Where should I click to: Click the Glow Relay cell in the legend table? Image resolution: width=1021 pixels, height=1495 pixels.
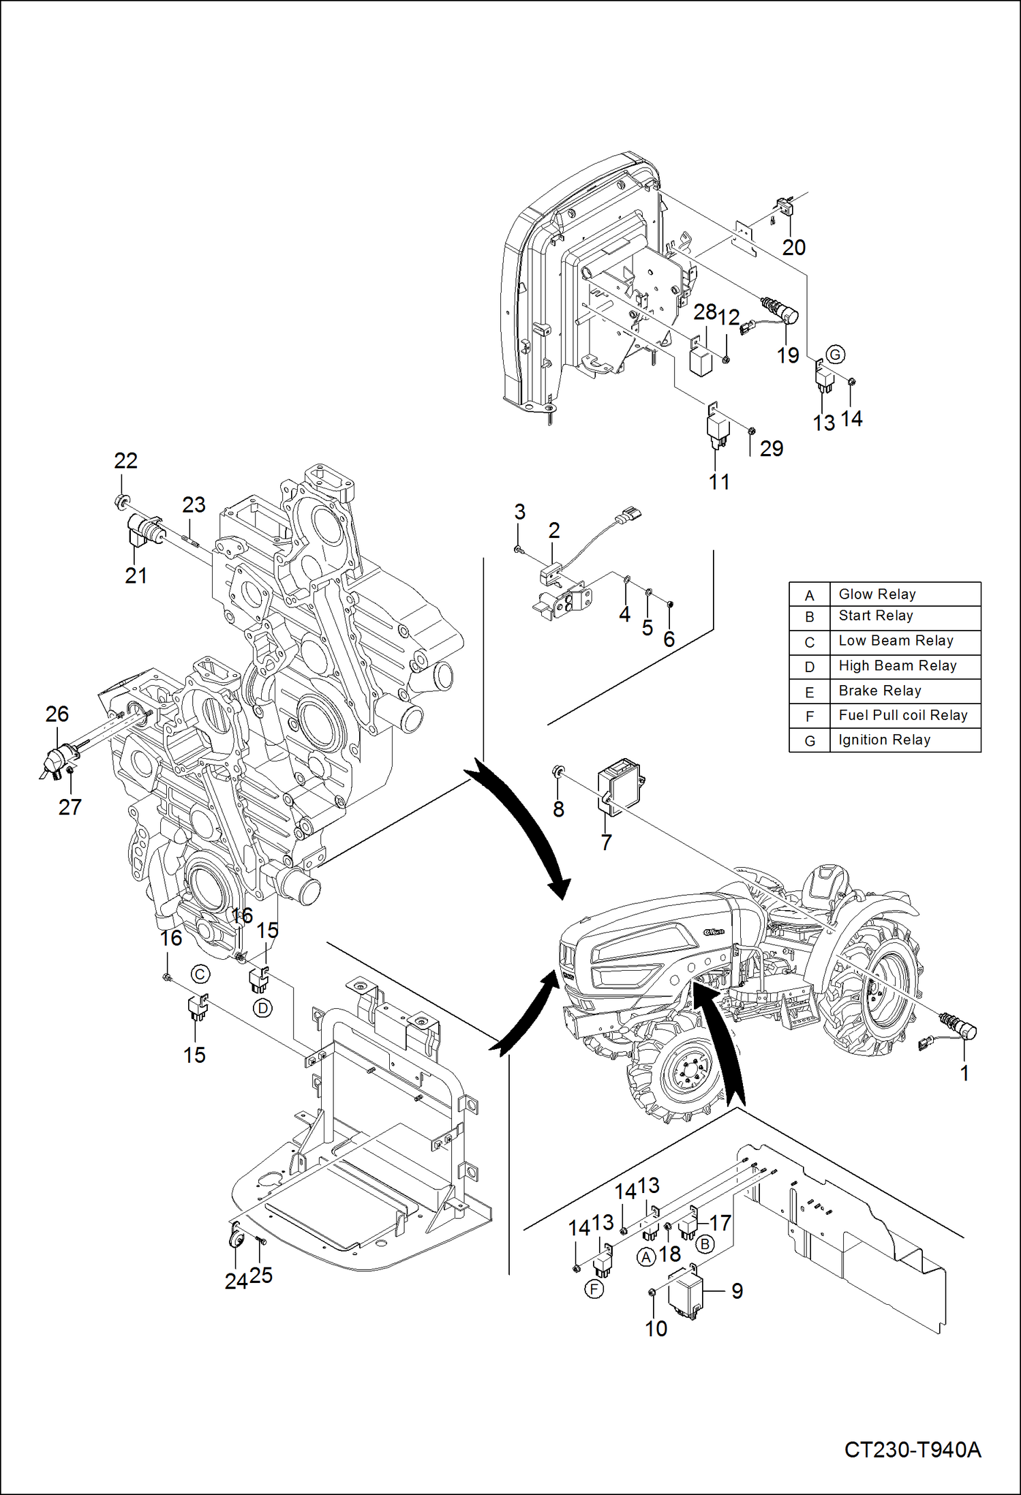(877, 594)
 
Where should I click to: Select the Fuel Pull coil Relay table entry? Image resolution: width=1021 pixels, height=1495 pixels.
(902, 715)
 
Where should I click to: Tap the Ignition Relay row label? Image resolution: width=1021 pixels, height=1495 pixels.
(884, 740)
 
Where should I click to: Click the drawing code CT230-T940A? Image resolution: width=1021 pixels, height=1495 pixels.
(912, 1449)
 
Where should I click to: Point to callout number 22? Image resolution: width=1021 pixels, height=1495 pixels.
(125, 461)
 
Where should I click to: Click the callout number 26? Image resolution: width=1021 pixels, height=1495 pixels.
(57, 714)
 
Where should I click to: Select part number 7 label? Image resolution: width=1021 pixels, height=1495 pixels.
(606, 843)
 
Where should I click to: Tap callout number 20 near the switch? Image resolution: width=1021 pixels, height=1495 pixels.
(794, 247)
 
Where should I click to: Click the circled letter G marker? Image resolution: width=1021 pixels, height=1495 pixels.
(835, 354)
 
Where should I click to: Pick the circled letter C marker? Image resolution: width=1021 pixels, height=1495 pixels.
(200, 974)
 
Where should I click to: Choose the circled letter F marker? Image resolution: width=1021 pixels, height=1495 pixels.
(594, 1289)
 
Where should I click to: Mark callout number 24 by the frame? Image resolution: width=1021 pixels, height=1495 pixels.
(235, 1282)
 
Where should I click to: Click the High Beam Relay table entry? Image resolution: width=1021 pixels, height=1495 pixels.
(897, 665)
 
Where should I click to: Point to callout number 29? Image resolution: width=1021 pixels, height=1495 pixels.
(772, 449)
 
